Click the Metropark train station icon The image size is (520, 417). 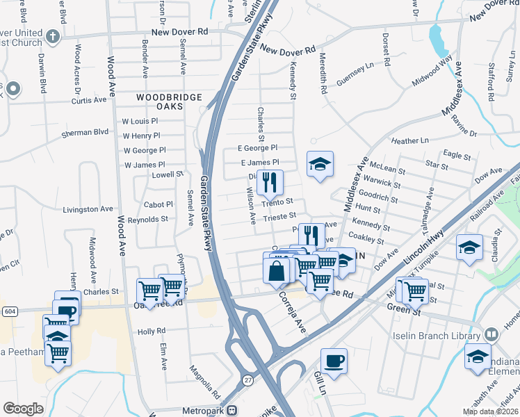[x=235, y=410]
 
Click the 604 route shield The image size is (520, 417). [x=8, y=311]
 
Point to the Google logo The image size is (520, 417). [x=23, y=409]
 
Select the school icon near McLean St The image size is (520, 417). [x=320, y=164]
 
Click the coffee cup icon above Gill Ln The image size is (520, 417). [x=334, y=361]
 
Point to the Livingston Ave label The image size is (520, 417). [x=88, y=208]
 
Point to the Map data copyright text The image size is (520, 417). [x=489, y=411]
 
